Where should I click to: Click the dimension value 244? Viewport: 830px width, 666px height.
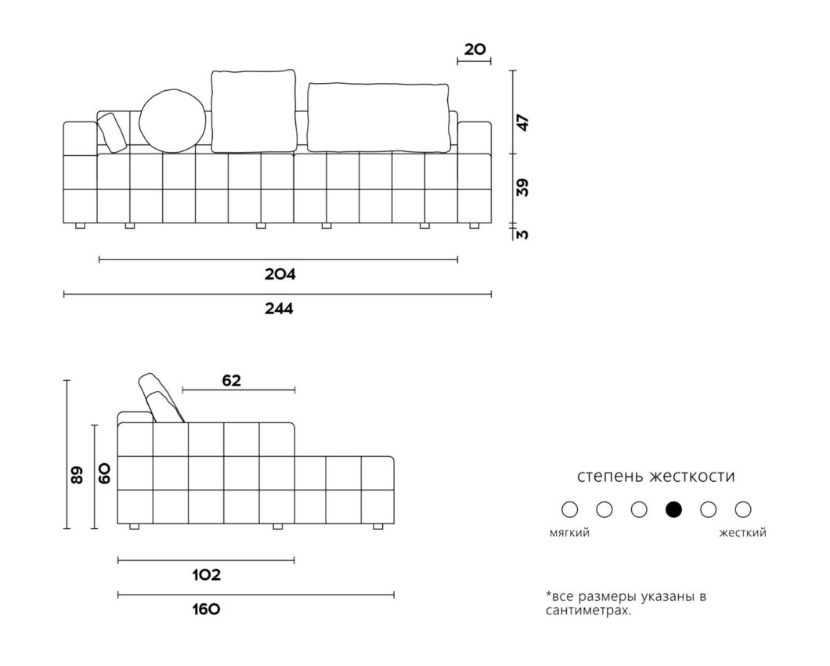(279, 309)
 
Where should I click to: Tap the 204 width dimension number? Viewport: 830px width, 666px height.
(280, 274)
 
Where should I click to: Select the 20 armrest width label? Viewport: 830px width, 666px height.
(475, 49)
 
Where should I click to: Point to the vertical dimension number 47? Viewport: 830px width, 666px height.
(522, 123)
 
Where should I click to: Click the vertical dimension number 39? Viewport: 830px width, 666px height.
(522, 187)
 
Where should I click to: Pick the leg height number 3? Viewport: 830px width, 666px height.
(522, 233)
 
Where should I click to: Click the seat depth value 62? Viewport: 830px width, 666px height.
(231, 381)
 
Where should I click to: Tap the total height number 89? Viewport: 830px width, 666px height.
(77, 475)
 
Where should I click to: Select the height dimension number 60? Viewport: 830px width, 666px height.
(104, 472)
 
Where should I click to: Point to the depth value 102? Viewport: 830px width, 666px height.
(207, 575)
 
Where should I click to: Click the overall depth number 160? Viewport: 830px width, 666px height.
(206, 610)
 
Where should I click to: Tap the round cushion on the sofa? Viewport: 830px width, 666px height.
(172, 121)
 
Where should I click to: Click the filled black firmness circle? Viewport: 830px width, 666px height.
(673, 509)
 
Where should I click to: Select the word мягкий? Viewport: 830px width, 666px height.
(569, 533)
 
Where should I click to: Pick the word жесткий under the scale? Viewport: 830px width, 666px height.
(742, 533)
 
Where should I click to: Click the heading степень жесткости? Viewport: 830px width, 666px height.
(656, 476)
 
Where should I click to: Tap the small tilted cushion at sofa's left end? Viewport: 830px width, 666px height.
(112, 132)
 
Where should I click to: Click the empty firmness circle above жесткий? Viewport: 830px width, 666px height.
(742, 509)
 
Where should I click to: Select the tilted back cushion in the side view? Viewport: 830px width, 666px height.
(161, 398)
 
